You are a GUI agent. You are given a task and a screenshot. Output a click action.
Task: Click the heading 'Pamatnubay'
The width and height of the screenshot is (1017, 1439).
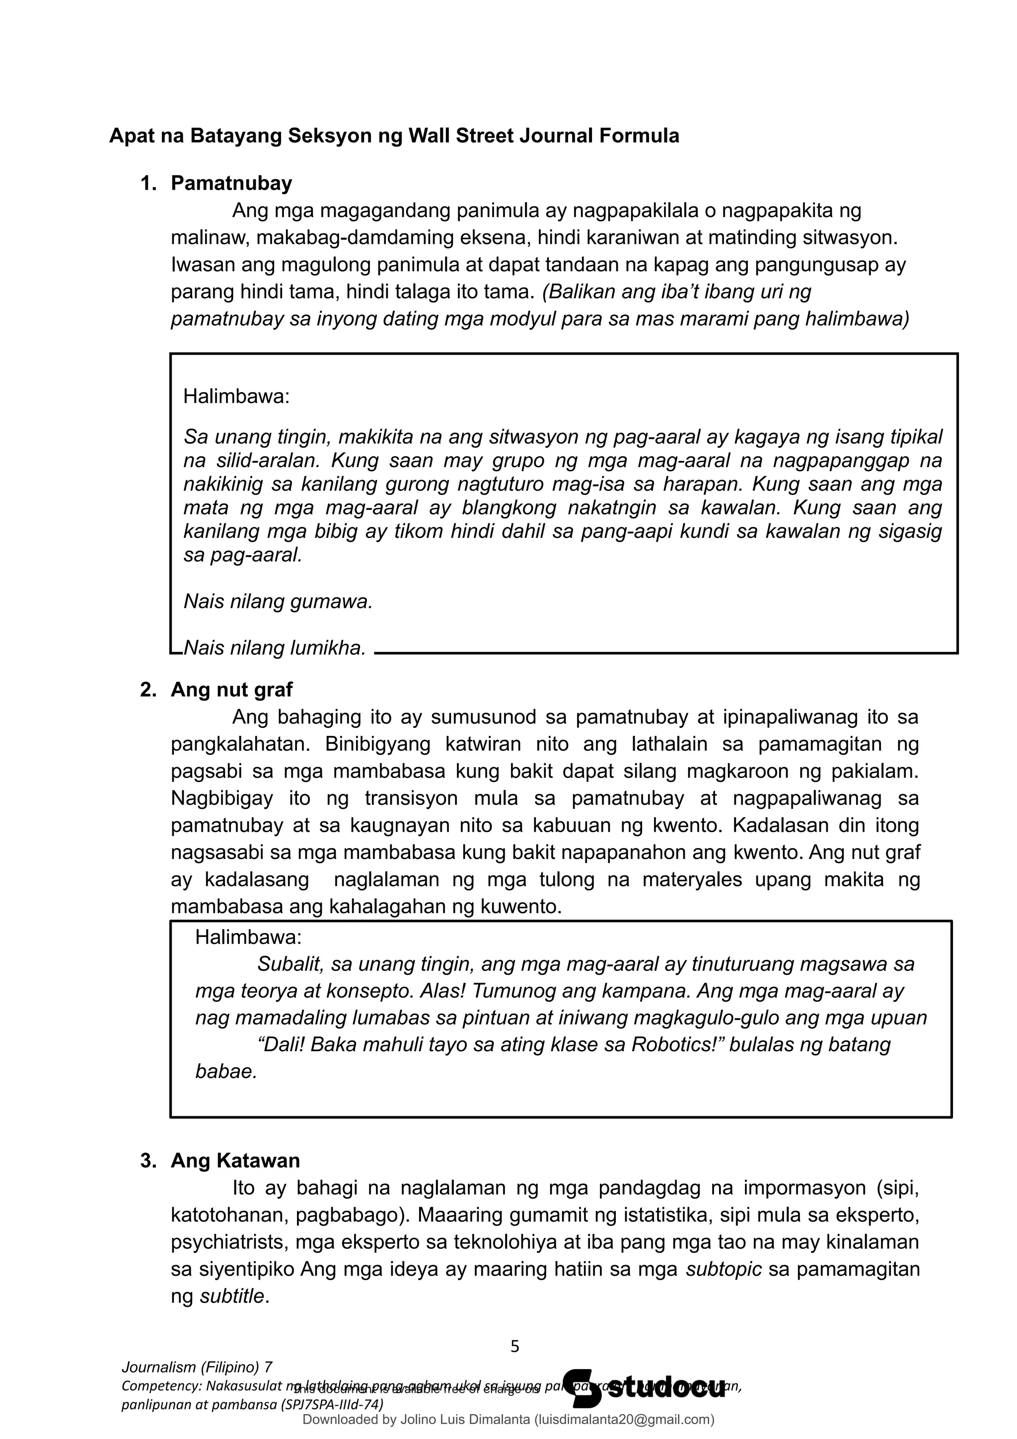click(231, 183)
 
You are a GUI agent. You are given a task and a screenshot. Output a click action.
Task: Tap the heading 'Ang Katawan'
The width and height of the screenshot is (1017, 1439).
click(235, 1161)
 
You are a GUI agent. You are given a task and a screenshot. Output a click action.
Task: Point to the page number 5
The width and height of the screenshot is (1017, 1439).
click(515, 1346)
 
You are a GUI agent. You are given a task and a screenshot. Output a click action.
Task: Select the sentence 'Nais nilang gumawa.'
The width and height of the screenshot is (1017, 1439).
click(278, 602)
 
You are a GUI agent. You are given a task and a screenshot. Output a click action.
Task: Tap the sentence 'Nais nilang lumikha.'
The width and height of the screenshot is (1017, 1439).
click(275, 648)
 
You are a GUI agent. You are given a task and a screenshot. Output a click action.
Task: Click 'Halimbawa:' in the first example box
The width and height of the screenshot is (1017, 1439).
click(236, 396)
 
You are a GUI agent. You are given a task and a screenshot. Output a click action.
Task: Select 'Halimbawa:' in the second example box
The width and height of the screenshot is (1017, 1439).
click(248, 937)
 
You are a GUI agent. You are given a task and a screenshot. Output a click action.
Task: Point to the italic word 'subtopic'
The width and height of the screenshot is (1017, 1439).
click(724, 1269)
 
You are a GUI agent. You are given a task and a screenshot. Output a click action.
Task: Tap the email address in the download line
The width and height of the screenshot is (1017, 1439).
click(624, 1420)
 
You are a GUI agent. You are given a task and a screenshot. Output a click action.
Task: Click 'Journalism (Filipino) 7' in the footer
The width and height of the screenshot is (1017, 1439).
click(197, 1367)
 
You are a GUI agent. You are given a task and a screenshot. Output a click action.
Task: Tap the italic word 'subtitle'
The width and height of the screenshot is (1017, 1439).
click(232, 1296)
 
